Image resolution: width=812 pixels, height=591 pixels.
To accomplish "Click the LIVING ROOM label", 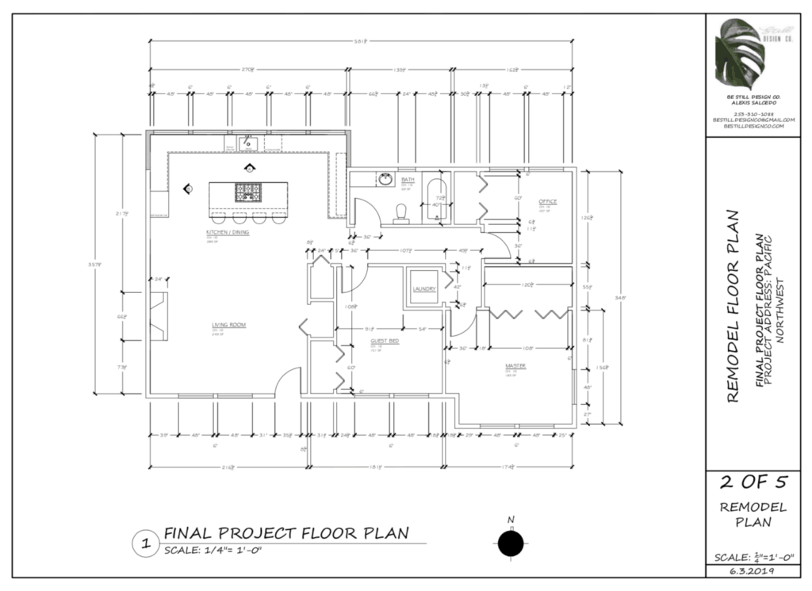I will coord(226,325).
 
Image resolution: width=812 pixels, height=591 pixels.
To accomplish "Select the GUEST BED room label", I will coord(385,341).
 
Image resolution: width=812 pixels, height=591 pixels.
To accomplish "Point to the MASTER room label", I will coord(516,365).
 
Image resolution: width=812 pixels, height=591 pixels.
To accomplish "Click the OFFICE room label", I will coord(548,201).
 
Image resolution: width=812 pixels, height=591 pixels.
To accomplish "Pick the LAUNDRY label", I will coord(424,288).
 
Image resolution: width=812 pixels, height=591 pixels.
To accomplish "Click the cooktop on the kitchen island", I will coord(248,191).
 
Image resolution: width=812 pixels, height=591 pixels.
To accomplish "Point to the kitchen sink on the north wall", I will coord(247,144).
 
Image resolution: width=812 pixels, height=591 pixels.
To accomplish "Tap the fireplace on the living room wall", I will coord(159,315).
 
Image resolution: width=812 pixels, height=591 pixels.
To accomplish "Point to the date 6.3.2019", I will coord(750,570).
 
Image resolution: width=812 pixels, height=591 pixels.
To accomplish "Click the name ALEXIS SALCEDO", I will coord(750,103).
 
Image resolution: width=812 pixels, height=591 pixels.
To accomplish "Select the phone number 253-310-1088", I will coord(750,113).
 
